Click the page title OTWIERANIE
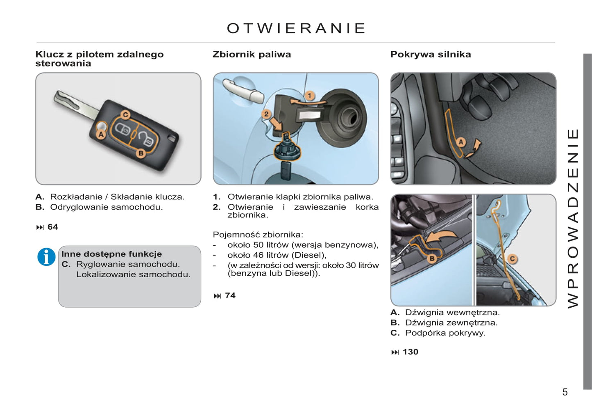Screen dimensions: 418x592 pyautogui.click(x=296, y=28)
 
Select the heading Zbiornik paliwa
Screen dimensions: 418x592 pyautogui.click(x=252, y=55)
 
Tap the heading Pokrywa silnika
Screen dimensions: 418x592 pyautogui.click(x=430, y=55)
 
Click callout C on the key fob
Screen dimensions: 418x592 pyautogui.click(x=126, y=115)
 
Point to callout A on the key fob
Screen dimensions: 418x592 pyautogui.click(x=101, y=134)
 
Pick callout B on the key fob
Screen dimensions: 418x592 pyautogui.click(x=141, y=153)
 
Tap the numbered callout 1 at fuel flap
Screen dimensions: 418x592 pyautogui.click(x=310, y=96)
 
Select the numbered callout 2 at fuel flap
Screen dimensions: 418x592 pyautogui.click(x=267, y=114)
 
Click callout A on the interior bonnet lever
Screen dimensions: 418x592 pyautogui.click(x=461, y=142)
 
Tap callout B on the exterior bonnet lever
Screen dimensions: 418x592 pyautogui.click(x=431, y=258)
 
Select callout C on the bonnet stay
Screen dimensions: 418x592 pyautogui.click(x=512, y=259)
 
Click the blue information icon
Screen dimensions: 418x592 pyautogui.click(x=46, y=257)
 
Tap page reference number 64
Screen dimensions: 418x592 pyautogui.click(x=52, y=227)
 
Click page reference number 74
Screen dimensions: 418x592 pyautogui.click(x=230, y=296)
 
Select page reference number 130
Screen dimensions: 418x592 pyautogui.click(x=410, y=352)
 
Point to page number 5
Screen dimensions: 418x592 pyautogui.click(x=565, y=392)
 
